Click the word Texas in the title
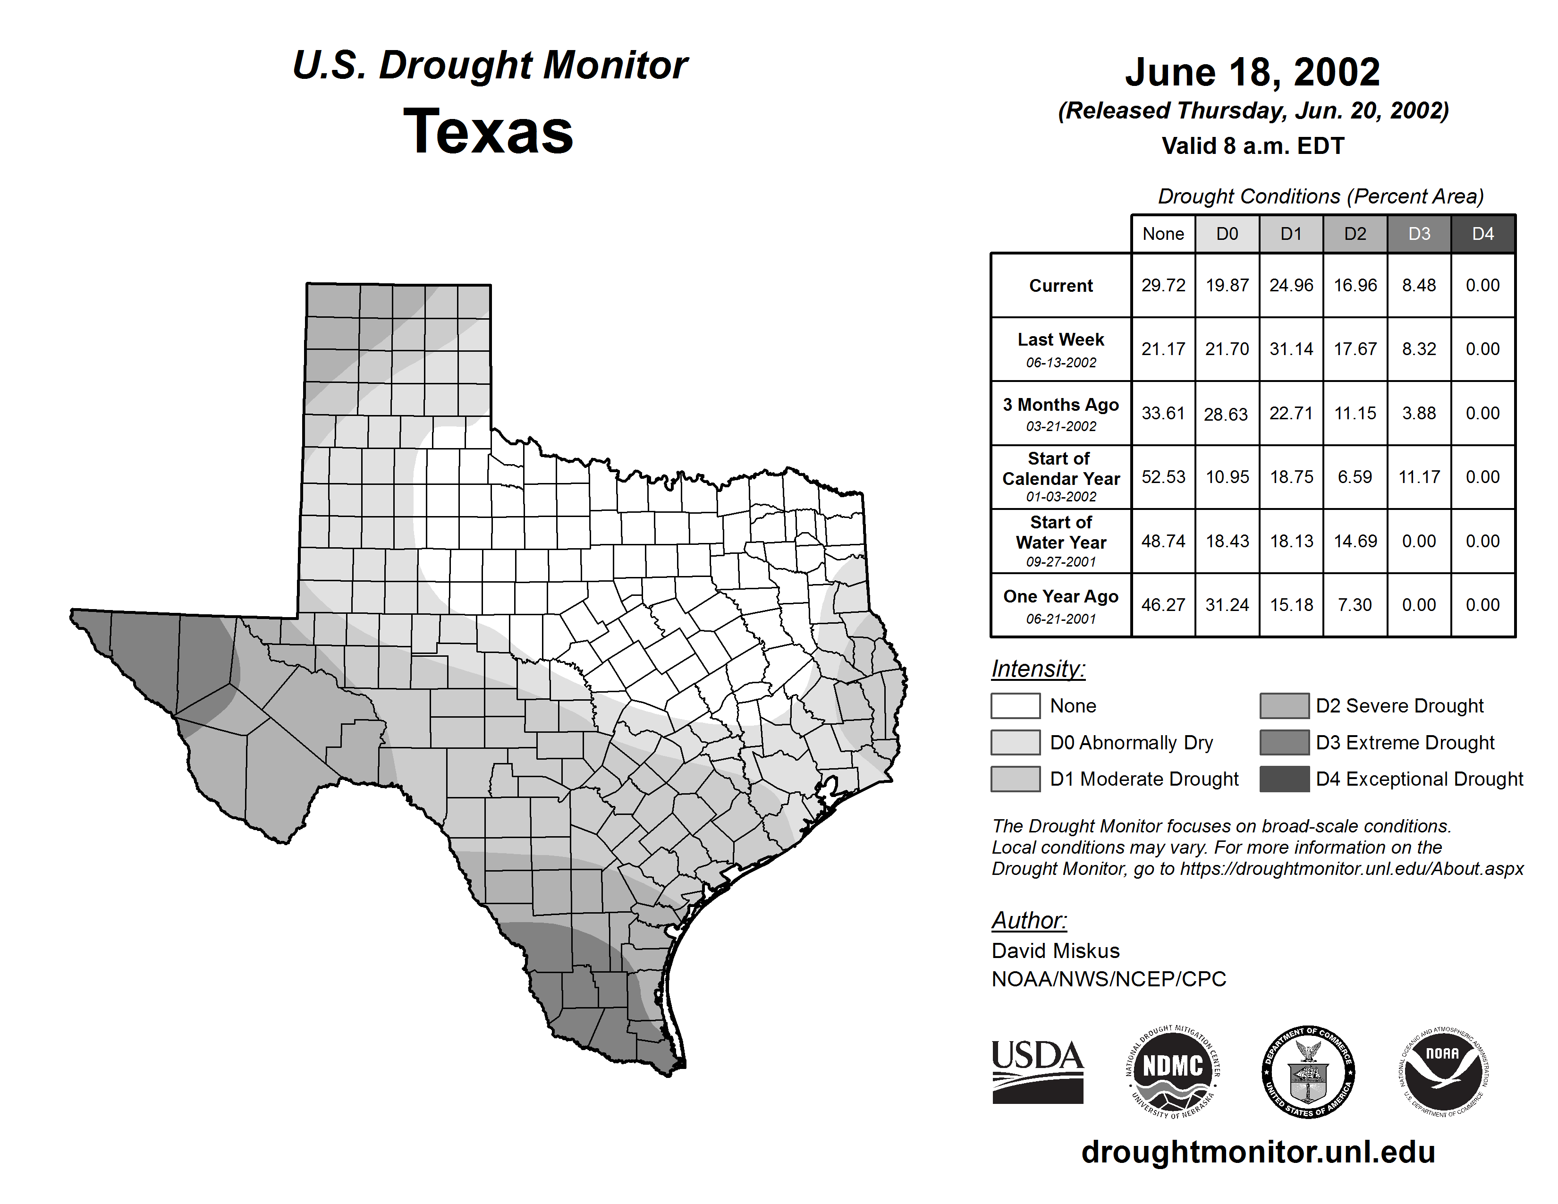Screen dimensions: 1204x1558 (x=488, y=131)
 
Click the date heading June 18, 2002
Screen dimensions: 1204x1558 (x=1252, y=72)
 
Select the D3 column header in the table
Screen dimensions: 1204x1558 (x=1419, y=234)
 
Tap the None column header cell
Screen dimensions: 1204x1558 (x=1163, y=234)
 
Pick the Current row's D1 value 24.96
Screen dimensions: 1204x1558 (x=1291, y=285)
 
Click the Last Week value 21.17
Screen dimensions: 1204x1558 (x=1163, y=349)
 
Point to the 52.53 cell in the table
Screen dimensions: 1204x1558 (x=1163, y=476)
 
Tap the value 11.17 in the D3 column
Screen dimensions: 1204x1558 (x=1419, y=476)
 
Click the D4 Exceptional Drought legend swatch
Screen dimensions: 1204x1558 (x=1284, y=779)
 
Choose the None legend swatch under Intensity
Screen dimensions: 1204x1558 (x=1015, y=705)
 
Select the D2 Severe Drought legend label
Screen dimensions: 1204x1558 (x=1399, y=705)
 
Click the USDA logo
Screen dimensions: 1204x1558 (x=1037, y=1071)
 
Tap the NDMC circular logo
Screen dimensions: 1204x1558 (x=1173, y=1071)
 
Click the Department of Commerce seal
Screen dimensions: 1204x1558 (x=1308, y=1071)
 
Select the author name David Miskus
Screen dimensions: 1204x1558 (x=1055, y=951)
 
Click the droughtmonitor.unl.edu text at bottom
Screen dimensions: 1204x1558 (x=1258, y=1152)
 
